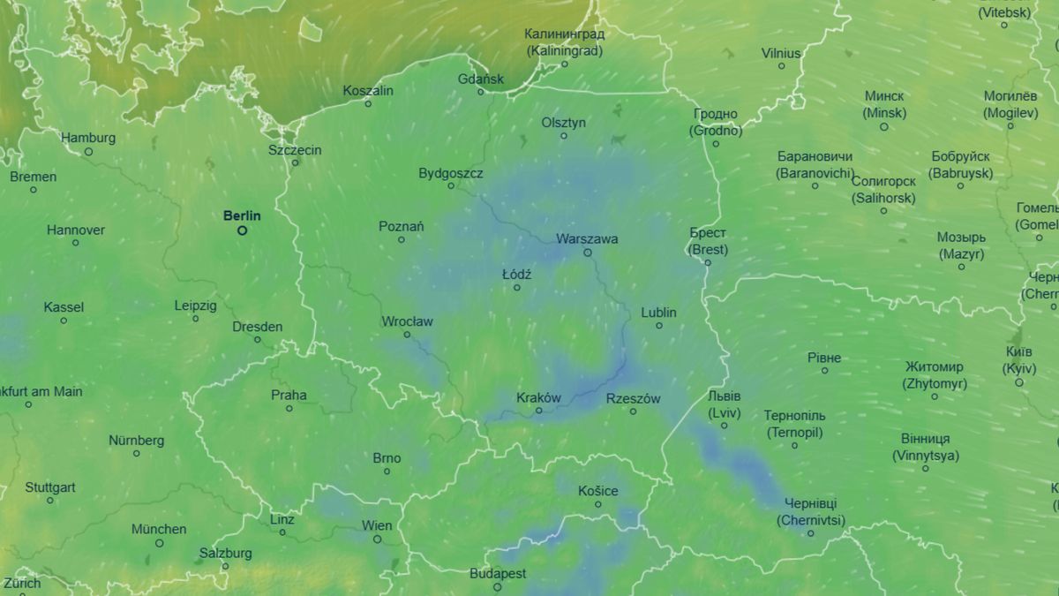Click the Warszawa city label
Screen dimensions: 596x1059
click(x=587, y=238)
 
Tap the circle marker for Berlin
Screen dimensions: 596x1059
click(x=242, y=230)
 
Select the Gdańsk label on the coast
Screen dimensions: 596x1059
click(x=481, y=79)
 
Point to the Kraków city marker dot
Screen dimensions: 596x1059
click(x=539, y=410)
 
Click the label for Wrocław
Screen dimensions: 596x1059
click(x=407, y=321)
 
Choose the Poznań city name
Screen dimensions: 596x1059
click(x=401, y=226)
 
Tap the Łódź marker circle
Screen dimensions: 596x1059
click(x=517, y=287)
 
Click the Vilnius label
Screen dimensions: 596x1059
click(x=781, y=53)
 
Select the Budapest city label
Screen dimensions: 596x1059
click(x=498, y=573)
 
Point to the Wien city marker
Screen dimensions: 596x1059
click(x=377, y=539)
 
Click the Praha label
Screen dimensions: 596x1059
click(x=289, y=395)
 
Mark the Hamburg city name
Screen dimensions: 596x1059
click(x=88, y=138)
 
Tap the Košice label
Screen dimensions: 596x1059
click(x=597, y=491)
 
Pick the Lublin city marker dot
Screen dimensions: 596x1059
click(x=658, y=325)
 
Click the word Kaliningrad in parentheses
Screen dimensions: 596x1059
click(x=565, y=50)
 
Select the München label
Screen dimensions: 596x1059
click(x=159, y=529)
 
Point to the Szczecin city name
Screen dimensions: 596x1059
click(x=295, y=150)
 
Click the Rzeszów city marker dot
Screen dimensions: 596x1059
click(x=633, y=411)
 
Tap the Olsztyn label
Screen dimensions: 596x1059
click(x=563, y=123)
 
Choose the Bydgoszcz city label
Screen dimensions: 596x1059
click(x=450, y=173)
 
